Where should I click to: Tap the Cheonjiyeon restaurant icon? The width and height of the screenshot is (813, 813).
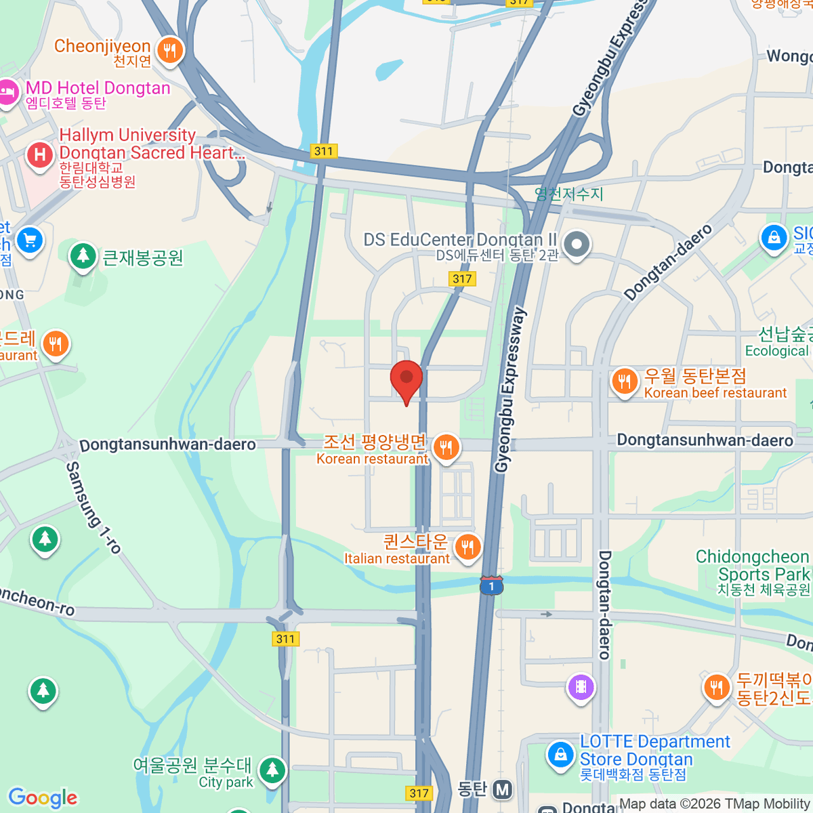tap(169, 50)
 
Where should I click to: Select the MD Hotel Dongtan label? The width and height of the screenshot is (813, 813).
tap(98, 88)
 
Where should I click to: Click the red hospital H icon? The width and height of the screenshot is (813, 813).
tap(40, 155)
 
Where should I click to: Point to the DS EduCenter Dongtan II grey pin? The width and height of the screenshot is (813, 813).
tap(577, 245)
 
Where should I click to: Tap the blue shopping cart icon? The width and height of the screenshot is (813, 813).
tap(29, 240)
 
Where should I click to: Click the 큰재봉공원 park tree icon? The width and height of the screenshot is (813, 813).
tap(83, 256)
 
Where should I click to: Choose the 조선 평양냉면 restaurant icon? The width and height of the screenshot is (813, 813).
tap(446, 447)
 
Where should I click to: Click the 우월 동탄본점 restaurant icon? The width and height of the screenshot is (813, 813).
tap(624, 381)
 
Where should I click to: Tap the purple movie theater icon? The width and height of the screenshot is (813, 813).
tap(581, 687)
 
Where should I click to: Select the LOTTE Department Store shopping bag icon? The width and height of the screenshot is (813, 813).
tap(561, 754)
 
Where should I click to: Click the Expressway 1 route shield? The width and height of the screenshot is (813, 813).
tap(491, 585)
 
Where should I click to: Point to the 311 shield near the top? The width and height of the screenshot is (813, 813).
tap(324, 151)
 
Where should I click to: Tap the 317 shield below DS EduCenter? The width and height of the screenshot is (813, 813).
tap(462, 278)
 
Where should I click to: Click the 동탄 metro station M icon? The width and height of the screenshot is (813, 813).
tap(502, 789)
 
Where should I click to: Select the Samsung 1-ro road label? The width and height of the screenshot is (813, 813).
tap(93, 507)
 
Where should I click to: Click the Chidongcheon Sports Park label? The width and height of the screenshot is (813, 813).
tap(753, 565)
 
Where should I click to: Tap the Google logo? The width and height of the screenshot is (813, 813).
tap(43, 797)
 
